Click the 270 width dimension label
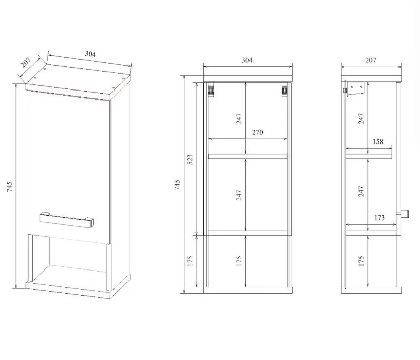point(257,132)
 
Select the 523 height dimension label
point(190,159)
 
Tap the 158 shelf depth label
point(378,142)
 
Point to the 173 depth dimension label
point(379,218)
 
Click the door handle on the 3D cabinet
point(67,220)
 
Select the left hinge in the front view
point(211,89)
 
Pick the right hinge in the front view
point(285,89)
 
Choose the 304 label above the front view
point(247,60)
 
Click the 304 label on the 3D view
point(90,54)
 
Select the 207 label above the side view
point(371,60)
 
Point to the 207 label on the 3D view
point(26,63)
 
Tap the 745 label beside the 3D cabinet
point(10,187)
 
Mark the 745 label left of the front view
point(177,185)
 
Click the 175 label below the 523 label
point(190,261)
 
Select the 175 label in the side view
point(361,261)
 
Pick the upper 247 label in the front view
point(239,119)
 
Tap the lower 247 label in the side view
point(361,192)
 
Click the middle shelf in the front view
point(247,156)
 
